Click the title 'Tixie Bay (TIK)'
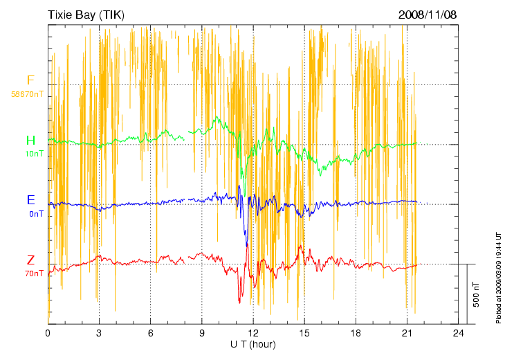coord(86,15)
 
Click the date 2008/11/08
coord(428,15)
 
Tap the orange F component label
coord(30,80)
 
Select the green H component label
coord(30,141)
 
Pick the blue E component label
coord(30,200)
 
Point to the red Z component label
coord(30,260)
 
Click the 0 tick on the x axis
coord(48,334)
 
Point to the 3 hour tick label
coord(99,334)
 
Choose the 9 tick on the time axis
coord(202,334)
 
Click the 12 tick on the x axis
coord(253,334)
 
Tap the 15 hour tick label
coord(304,334)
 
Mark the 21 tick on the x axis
coord(407,334)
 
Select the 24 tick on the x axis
coord(458,334)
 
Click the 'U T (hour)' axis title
coord(253,344)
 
